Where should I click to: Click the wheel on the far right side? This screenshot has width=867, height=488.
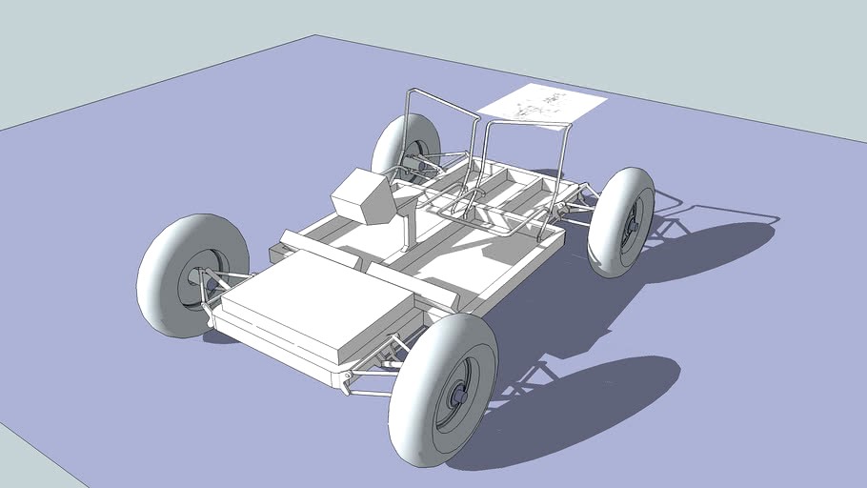pyautogui.click(x=620, y=222)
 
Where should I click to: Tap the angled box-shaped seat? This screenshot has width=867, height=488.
pyautogui.click(x=362, y=196)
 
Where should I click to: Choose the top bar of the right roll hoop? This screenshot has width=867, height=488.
pyautogui.click(x=529, y=123)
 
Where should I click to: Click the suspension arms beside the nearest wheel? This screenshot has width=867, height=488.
pyautogui.click(x=376, y=367)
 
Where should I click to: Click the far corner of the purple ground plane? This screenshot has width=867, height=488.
pyautogui.click(x=315, y=36)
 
